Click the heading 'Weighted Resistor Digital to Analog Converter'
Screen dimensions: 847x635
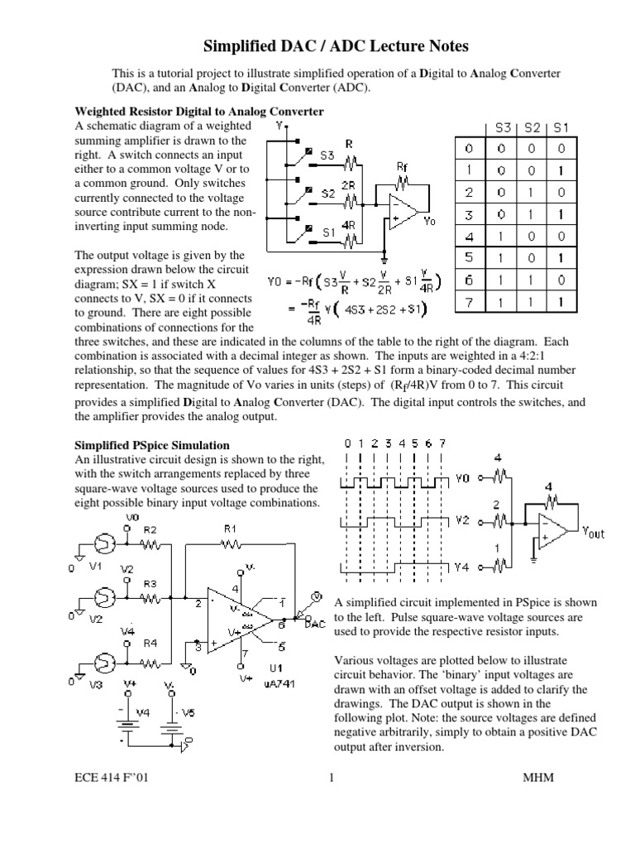199,111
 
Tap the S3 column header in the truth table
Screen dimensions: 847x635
503,128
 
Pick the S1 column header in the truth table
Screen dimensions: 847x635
562,128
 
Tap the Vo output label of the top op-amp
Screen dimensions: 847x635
428,222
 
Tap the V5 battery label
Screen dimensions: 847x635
189,712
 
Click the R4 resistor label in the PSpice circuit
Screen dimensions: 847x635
150,642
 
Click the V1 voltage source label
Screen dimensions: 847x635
95,567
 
